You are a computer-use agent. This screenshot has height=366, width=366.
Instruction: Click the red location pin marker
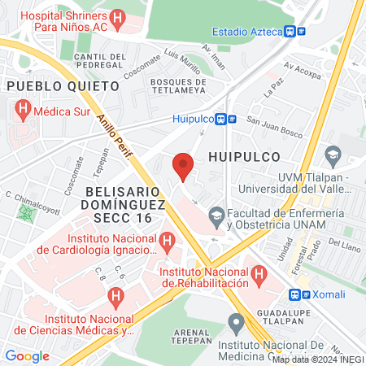(183, 166)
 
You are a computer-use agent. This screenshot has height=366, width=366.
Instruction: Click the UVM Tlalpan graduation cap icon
(332, 154)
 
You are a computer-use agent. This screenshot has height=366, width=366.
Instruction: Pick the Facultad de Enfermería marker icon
(216, 216)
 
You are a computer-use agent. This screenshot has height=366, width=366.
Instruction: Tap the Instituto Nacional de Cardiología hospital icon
(168, 240)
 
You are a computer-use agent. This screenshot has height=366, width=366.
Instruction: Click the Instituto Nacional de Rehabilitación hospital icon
(259, 275)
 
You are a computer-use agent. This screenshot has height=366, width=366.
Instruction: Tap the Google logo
(27, 355)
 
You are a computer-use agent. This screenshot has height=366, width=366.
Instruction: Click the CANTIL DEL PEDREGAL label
(99, 61)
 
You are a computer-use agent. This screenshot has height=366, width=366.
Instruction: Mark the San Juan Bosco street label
(275, 123)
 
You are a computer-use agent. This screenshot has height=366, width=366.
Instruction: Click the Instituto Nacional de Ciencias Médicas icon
(116, 297)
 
